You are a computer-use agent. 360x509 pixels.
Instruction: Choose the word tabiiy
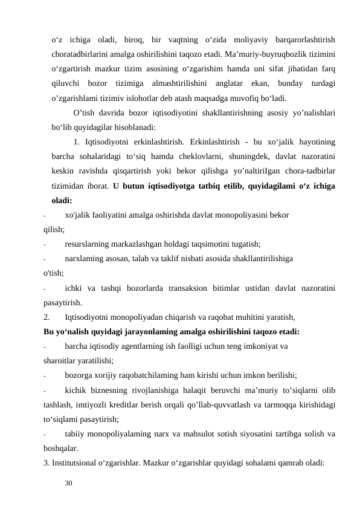(75, 433)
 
